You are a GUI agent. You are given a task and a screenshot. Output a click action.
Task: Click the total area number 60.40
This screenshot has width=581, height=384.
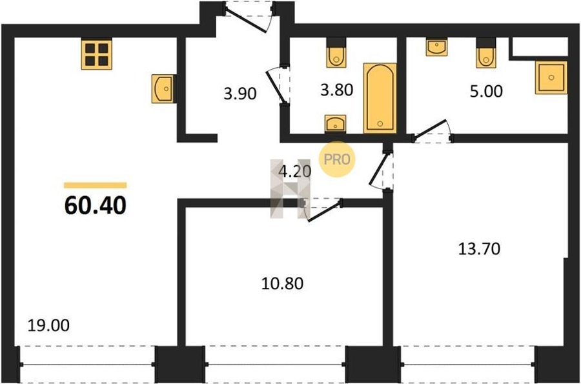[x=96, y=205]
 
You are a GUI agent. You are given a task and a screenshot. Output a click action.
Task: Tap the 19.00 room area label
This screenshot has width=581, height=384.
[x=48, y=325]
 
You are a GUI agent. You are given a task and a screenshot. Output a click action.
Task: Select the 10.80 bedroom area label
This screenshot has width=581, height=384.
[x=282, y=283]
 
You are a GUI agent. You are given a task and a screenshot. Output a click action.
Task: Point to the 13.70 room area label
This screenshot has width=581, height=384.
[x=479, y=248]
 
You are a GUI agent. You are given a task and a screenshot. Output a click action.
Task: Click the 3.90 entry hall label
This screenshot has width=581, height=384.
[x=240, y=94]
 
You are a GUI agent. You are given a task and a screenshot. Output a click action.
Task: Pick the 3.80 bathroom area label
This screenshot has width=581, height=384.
[x=336, y=90]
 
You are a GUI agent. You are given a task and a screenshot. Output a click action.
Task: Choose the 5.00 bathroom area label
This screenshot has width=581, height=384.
[x=486, y=91]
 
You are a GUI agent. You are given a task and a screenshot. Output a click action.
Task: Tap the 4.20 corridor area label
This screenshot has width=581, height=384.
[x=295, y=172]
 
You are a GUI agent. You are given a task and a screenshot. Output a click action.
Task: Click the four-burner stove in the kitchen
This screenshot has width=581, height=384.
[x=97, y=54]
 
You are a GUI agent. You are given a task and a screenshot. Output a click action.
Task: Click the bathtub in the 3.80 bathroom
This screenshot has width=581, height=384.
[x=380, y=97]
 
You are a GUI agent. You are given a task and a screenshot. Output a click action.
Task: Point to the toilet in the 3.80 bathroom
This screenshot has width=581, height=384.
[x=336, y=53]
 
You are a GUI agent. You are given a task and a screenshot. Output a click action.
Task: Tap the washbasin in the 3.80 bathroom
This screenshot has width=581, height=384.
[x=335, y=124]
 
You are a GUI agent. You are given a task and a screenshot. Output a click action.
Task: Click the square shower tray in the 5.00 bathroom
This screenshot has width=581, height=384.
[x=551, y=77]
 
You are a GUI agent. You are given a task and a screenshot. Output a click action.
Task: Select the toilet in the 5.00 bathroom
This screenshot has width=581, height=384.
[x=485, y=53]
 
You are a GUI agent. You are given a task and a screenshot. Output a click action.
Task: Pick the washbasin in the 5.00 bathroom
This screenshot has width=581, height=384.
[x=436, y=46]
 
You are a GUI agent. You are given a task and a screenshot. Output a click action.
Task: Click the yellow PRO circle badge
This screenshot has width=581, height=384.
[x=337, y=159]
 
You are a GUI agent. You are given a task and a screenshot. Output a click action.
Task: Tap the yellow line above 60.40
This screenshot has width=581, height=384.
[x=96, y=185]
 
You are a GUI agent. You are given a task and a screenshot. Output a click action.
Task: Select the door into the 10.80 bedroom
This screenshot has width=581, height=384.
[x=321, y=210]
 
